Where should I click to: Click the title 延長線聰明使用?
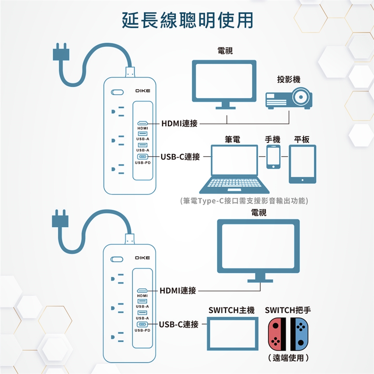point(187,21)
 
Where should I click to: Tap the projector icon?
point(289,98)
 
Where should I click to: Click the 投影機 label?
point(289,79)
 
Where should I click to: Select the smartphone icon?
point(273,157)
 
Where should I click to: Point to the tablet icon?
point(302,164)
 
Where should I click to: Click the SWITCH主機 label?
point(231,310)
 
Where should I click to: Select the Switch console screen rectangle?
point(233,334)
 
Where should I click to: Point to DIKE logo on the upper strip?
point(143,91)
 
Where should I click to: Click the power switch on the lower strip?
point(117,259)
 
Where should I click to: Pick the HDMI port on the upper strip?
point(143,123)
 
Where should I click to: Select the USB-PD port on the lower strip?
point(142,325)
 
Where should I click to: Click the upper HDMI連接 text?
point(179,123)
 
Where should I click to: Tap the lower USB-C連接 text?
point(179,325)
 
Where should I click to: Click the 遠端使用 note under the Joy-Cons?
point(288,358)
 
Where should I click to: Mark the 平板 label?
point(302,139)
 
